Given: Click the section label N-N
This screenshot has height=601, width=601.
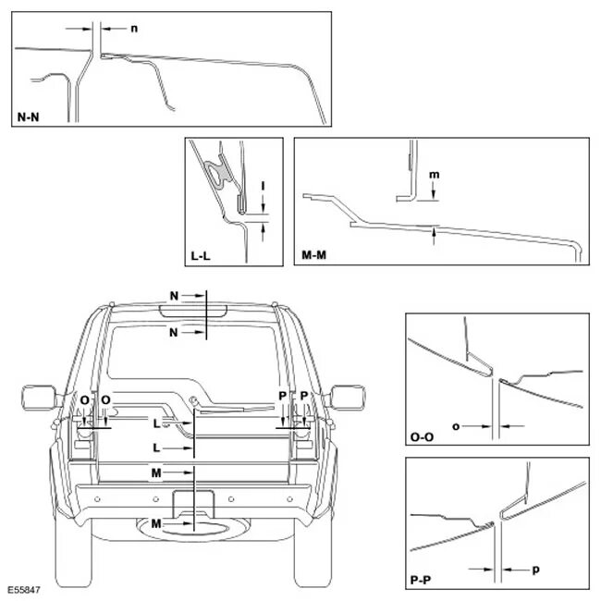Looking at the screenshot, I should tap(29, 117).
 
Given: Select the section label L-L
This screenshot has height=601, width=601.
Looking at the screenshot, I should tap(202, 257).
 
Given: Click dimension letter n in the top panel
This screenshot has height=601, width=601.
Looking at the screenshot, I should tap(135, 29).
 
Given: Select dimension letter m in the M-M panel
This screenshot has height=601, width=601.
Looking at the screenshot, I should tap(435, 174).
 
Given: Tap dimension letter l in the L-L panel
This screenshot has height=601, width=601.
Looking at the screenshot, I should tap(264, 185).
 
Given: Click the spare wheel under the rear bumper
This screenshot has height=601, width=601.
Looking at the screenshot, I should tap(199, 530).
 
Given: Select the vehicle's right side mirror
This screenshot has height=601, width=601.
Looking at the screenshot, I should tap(348, 399).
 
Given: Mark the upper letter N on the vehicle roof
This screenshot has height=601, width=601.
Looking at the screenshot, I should tap(174, 295).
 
